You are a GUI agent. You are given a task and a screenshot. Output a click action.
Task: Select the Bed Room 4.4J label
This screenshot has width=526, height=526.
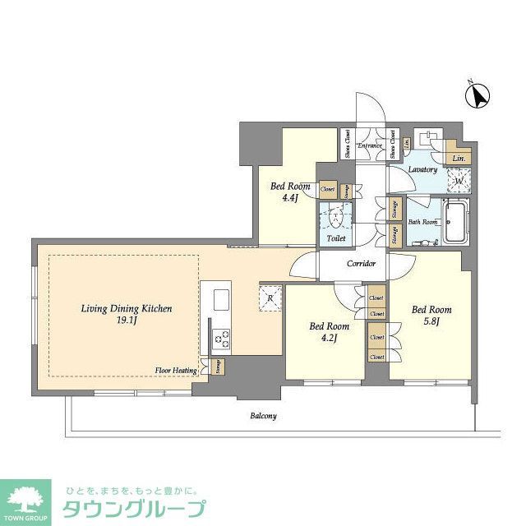pos(290,191)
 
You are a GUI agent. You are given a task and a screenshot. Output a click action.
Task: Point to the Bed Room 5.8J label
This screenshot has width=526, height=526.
pos(431,315)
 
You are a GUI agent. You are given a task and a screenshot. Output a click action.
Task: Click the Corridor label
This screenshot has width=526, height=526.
pos(361,264)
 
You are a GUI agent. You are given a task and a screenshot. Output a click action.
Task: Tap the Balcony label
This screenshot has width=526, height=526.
pos(263,416)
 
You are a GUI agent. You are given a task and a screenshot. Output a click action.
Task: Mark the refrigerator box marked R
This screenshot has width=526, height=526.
pos(270,298)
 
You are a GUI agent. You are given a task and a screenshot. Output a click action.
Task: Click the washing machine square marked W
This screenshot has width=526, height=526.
pos(458,180)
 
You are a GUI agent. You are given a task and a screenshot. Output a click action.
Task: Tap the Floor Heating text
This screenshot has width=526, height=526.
pos(176,371)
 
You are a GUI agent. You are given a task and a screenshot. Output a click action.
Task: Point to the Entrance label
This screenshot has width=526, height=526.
pos(370,145)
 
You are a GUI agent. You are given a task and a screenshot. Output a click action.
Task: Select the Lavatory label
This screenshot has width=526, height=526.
pos(422,169)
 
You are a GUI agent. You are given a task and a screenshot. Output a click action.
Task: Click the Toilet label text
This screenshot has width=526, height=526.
pos(335,238)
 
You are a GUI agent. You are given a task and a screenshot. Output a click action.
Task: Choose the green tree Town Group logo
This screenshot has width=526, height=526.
pos(27,500)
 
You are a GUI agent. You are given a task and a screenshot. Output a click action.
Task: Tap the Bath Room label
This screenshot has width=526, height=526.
pos(422,222)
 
